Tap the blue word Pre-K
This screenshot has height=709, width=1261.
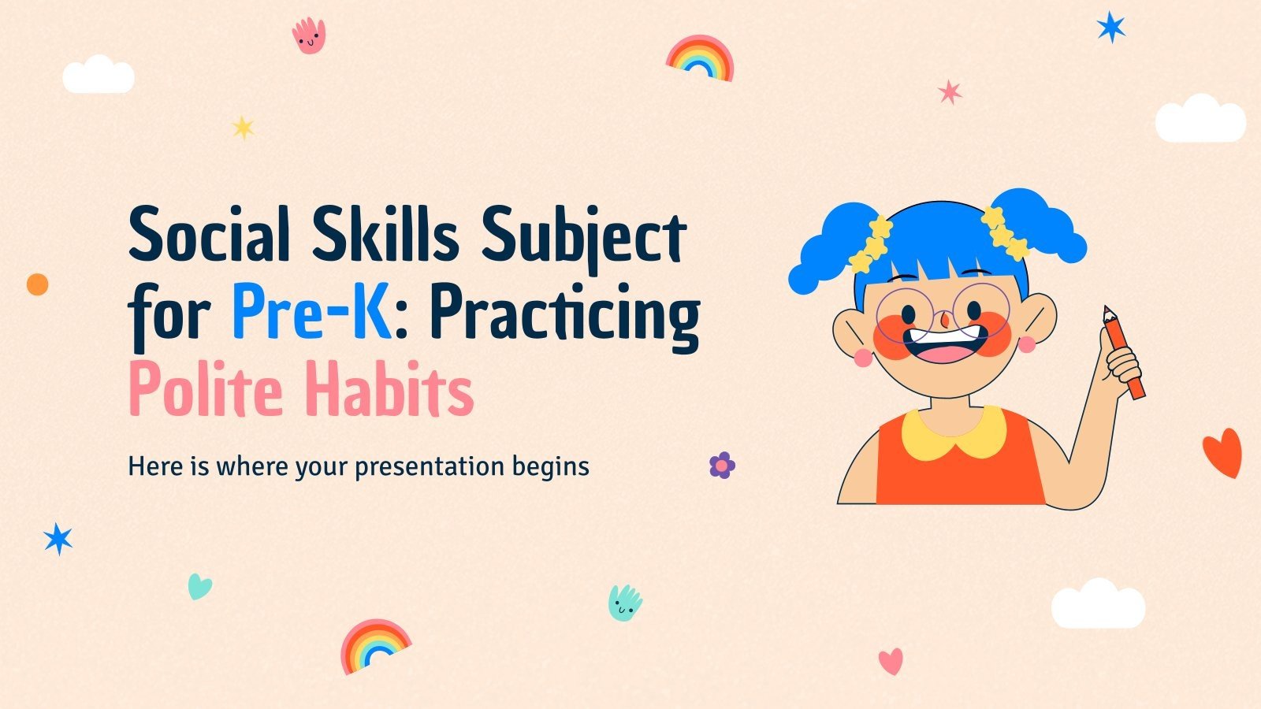pos(311,312)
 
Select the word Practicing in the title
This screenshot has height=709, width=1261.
pos(564,315)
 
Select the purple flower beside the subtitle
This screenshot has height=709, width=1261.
pos(722,466)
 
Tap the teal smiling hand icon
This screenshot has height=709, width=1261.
pos(624,603)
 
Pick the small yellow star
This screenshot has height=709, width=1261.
pos(243,128)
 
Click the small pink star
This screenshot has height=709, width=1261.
pos(950,92)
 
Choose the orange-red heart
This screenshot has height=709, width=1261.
pos(1222,452)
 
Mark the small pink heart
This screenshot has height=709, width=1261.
pos(891,661)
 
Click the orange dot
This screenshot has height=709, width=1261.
pos(37,284)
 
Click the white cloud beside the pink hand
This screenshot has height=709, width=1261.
pos(98,76)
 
